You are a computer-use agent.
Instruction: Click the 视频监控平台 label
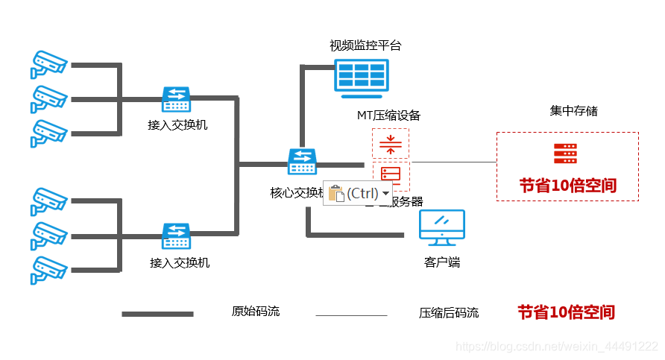(x=365, y=45)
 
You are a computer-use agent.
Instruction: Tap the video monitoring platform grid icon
(x=361, y=77)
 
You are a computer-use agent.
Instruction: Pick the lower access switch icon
(x=177, y=236)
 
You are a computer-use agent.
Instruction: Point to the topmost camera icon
(x=48, y=64)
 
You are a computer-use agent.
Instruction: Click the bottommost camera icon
(x=48, y=269)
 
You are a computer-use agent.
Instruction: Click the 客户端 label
(x=441, y=262)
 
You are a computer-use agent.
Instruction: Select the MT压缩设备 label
(x=388, y=116)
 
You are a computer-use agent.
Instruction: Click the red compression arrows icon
(x=391, y=144)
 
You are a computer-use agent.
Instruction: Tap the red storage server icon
(x=565, y=154)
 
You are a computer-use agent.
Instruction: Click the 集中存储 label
(x=573, y=111)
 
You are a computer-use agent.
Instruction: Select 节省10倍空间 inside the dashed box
(x=568, y=186)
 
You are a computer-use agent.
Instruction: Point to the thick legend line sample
(x=157, y=314)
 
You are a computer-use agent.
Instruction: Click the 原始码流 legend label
(x=256, y=312)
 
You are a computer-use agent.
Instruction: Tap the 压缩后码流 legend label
(x=449, y=313)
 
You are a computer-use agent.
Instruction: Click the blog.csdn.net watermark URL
(x=556, y=347)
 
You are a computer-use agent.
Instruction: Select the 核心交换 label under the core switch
(x=294, y=192)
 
